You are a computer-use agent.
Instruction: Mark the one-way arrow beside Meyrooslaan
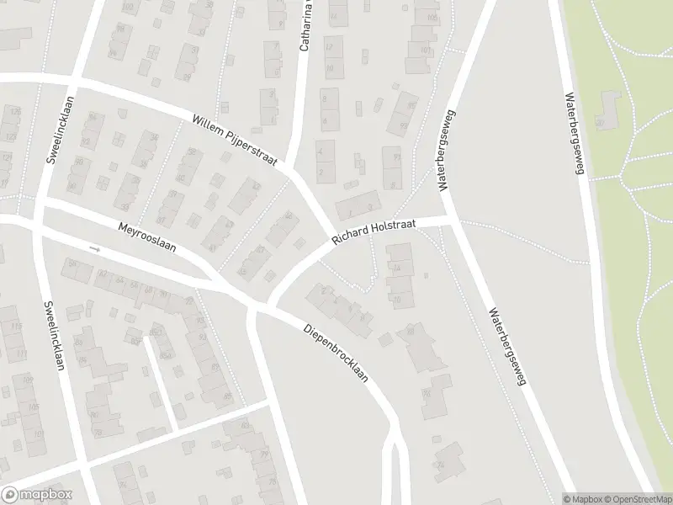pyautogui.click(x=95, y=249)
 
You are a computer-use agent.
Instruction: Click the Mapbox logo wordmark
pyautogui.click(x=37, y=495)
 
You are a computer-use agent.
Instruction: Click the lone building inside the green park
pyautogui.click(x=607, y=114)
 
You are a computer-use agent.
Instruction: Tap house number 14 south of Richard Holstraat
pyautogui.click(x=396, y=268)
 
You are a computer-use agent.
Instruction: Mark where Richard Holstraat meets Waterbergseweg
pyautogui.click(x=452, y=221)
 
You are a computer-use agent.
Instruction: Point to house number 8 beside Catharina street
pyautogui.click(x=325, y=98)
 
